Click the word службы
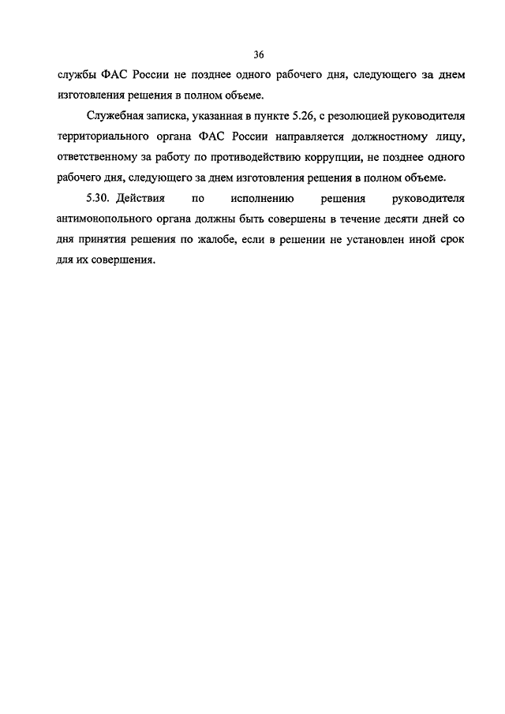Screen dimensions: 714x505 pos(77,76)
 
